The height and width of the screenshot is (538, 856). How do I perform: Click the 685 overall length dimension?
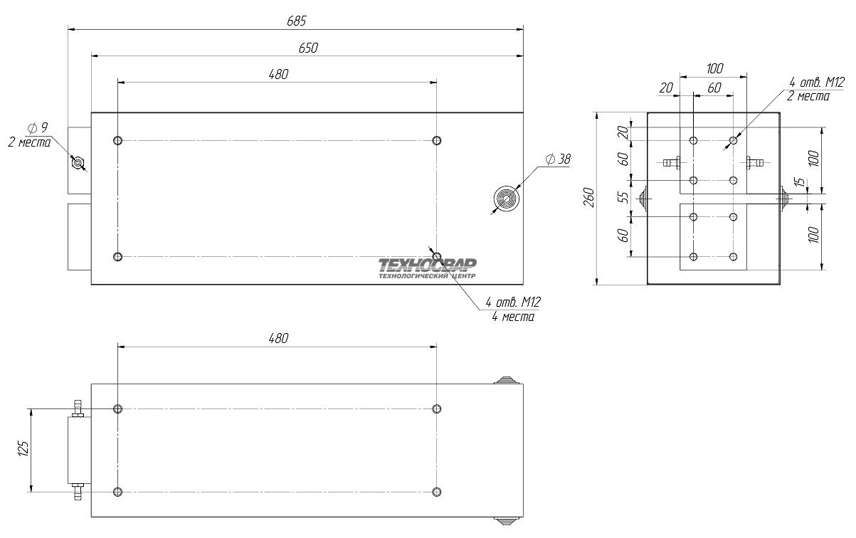click(297, 21)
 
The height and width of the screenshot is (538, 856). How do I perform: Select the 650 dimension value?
click(308, 48)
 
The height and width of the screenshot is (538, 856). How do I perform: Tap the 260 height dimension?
click(589, 198)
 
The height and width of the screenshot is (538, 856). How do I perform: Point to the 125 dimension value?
click(23, 449)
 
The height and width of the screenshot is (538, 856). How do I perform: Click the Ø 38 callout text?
click(559, 159)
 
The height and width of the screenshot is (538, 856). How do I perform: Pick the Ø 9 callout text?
click(38, 127)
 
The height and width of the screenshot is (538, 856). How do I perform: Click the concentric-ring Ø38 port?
click(507, 199)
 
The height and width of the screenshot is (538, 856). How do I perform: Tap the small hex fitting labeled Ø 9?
click(78, 163)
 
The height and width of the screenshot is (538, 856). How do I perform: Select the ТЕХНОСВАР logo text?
click(427, 264)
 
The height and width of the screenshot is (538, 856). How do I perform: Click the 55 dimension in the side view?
click(623, 197)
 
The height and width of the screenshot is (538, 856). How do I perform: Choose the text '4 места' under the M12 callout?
click(513, 317)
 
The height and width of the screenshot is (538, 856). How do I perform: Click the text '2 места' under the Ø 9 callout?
click(29, 143)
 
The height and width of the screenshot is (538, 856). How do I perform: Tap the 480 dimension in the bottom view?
click(278, 339)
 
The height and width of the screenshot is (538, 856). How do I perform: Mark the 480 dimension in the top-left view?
click(278, 74)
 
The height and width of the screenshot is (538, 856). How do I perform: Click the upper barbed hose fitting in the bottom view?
click(78, 408)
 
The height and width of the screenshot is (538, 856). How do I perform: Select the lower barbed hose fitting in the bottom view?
click(78, 492)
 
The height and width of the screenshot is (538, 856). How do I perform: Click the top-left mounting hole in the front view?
click(117, 141)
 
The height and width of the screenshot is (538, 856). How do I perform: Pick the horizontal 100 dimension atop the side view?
click(714, 68)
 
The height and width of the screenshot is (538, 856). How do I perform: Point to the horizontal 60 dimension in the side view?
click(714, 88)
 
